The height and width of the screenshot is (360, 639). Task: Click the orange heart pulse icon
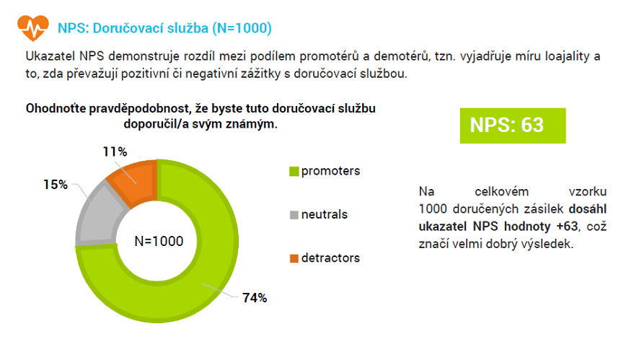33,27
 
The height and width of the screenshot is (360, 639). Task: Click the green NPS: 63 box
513,126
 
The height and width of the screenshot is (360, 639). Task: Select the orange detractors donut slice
134,180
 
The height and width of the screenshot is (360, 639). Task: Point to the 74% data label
255,298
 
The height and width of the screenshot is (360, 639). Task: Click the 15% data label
56,185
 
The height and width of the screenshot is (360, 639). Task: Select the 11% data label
115,152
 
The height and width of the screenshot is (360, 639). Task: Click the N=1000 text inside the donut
159,241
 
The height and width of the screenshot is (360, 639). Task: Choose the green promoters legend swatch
294,171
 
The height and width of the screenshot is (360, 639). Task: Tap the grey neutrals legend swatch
294,215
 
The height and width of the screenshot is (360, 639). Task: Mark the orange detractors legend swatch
294,258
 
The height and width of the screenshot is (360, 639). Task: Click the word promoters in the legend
330,171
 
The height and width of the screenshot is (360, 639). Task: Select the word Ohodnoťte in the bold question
56,108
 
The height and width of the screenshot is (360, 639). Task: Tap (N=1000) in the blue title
242,28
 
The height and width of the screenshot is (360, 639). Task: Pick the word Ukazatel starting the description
50,56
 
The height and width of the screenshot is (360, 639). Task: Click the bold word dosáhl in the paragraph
588,209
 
